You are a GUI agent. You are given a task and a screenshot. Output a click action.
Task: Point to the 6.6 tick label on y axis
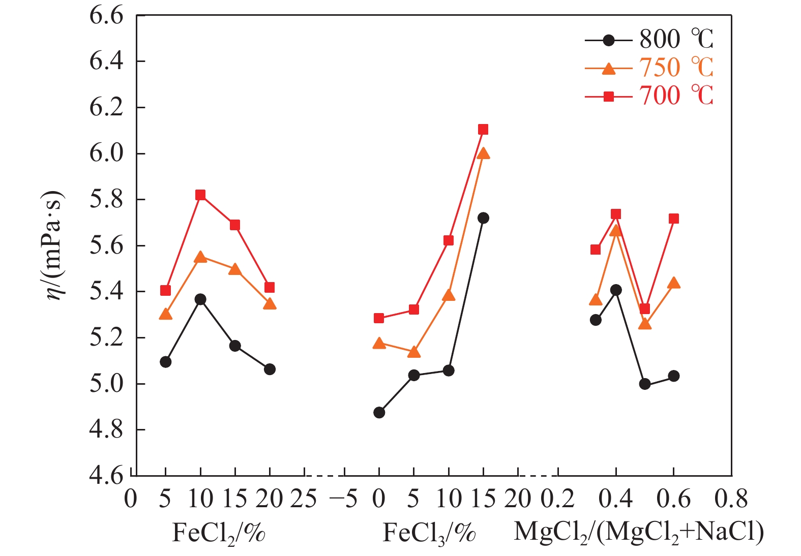[x=106, y=15]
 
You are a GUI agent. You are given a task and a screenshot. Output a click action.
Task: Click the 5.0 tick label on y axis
[x=106, y=384]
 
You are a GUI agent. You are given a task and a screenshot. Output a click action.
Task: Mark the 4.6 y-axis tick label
[x=106, y=476]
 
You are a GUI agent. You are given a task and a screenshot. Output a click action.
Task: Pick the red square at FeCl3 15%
[x=483, y=130]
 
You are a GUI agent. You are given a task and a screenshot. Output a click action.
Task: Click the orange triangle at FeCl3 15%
[x=484, y=153]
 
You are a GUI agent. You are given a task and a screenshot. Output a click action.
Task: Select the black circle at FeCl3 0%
[x=379, y=413]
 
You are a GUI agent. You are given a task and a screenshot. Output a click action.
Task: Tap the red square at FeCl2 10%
[x=200, y=195]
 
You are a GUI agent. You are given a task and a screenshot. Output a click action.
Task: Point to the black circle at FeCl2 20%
[x=270, y=369]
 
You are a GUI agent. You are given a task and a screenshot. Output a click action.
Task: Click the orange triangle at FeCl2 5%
[x=165, y=314]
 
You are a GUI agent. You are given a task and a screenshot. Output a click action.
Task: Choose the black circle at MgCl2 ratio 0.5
[x=645, y=384]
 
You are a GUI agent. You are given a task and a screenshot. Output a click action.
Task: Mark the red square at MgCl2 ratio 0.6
[x=674, y=219]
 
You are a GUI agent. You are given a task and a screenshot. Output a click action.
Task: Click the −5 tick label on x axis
[x=343, y=500]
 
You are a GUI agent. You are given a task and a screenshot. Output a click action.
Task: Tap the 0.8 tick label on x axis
[x=731, y=500]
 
